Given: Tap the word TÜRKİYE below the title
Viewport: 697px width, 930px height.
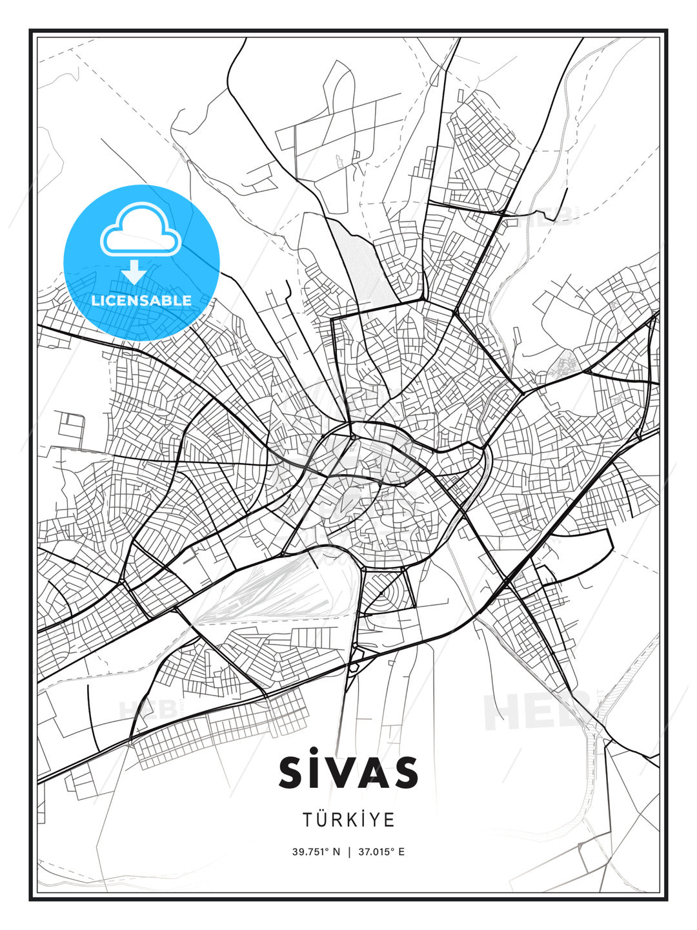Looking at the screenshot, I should click(348, 820).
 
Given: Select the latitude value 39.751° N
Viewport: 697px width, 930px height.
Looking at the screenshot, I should click(316, 852).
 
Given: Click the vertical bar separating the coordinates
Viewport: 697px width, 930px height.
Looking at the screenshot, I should click(348, 852).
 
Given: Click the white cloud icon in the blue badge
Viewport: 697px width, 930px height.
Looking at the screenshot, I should click(141, 231).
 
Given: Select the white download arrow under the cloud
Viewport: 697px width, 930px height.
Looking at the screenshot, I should click(134, 272).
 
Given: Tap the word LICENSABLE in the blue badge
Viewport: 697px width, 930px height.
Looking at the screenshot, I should click(141, 300).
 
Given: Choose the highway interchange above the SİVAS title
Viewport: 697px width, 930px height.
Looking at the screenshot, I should click(354, 665).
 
